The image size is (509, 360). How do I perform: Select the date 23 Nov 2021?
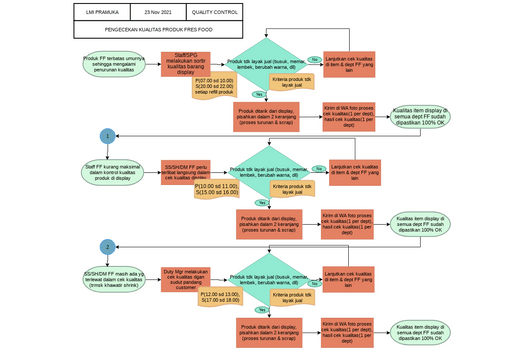click(x=158, y=13)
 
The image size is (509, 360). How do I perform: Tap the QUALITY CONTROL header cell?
click(x=213, y=13)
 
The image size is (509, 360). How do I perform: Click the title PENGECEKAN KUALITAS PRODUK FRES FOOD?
click(x=157, y=31)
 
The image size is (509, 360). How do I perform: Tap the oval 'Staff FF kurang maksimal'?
click(x=108, y=172)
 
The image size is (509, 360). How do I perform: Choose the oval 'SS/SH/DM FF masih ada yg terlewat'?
click(x=108, y=278)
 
